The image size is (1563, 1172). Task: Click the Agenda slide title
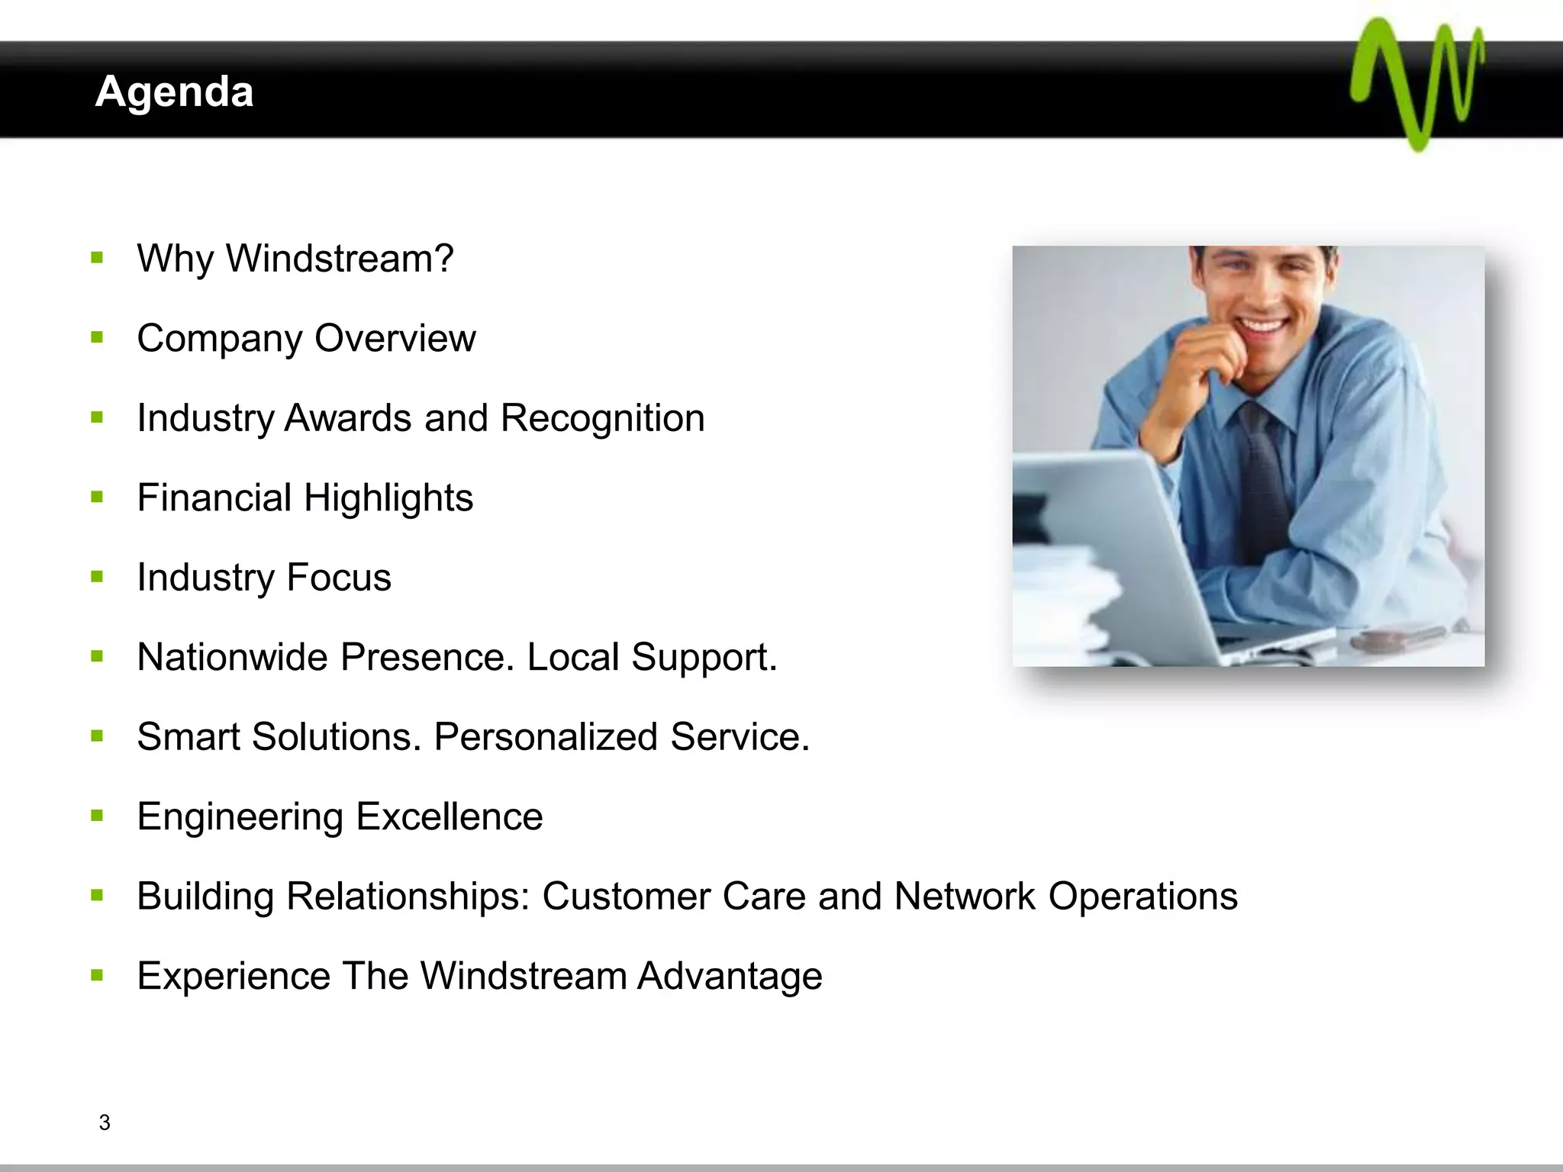pyautogui.click(x=174, y=92)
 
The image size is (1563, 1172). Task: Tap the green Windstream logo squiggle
pyautogui.click(x=1416, y=84)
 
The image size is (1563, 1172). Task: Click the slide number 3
pyautogui.click(x=105, y=1122)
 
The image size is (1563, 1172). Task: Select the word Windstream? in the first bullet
pyautogui.click(x=340, y=258)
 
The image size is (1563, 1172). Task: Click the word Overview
pyautogui.click(x=395, y=338)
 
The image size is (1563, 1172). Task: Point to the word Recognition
pyautogui.click(x=602, y=418)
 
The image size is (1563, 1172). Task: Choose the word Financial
pyautogui.click(x=214, y=497)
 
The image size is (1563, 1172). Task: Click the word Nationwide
pyautogui.click(x=233, y=657)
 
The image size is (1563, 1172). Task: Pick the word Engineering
pyautogui.click(x=240, y=817)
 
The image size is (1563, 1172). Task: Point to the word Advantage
pyautogui.click(x=730, y=976)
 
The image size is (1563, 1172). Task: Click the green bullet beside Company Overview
pyautogui.click(x=97, y=337)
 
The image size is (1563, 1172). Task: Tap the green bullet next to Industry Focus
pyautogui.click(x=97, y=577)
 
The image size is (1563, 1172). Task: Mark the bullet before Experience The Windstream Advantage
pyautogui.click(x=97, y=975)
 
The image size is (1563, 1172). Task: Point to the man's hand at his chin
pyautogui.click(x=1213, y=359)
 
